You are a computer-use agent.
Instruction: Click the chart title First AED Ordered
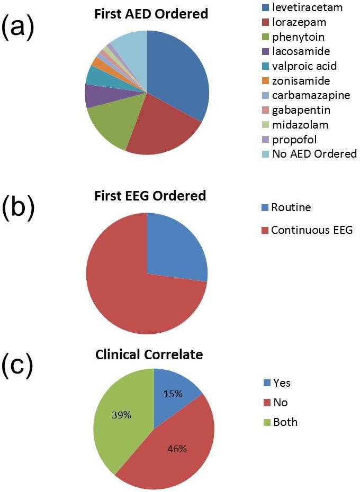pos(151,14)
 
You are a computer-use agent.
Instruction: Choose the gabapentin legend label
pos(296,110)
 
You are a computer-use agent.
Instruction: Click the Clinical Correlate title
pos(149,354)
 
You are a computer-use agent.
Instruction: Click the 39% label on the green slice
pos(121,415)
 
